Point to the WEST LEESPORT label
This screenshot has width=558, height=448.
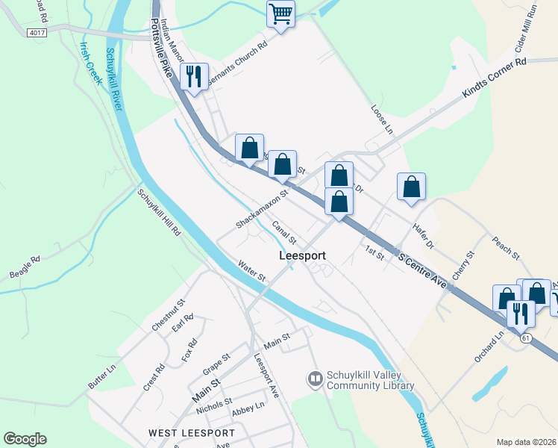(x=191, y=433)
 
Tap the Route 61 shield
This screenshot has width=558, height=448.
(x=527, y=338)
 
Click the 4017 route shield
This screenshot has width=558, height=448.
(x=35, y=33)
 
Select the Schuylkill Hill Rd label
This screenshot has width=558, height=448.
(x=158, y=213)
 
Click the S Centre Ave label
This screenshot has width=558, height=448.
(x=422, y=271)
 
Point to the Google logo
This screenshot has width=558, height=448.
(x=25, y=439)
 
